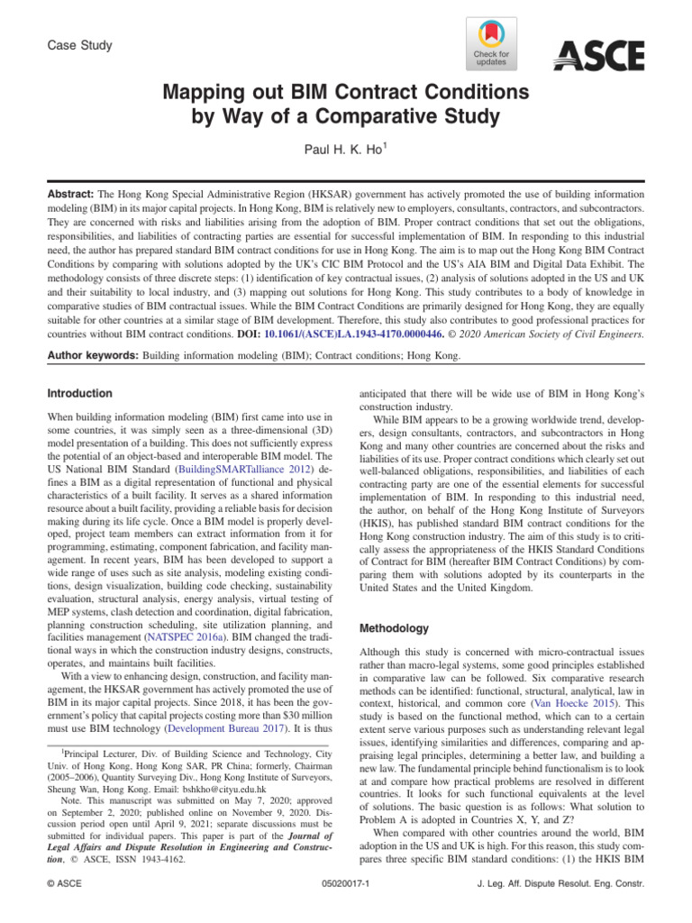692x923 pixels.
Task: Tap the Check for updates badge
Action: (x=491, y=45)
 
